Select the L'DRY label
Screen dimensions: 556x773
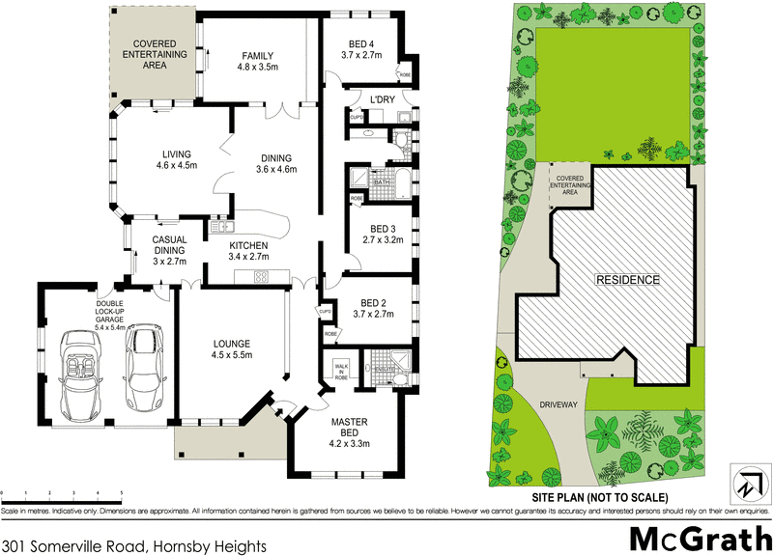click(371, 98)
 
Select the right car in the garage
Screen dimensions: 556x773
click(145, 365)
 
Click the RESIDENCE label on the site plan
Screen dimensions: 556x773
click(627, 280)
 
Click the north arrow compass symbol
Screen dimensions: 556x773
click(745, 482)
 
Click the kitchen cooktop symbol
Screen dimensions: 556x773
click(260, 278)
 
